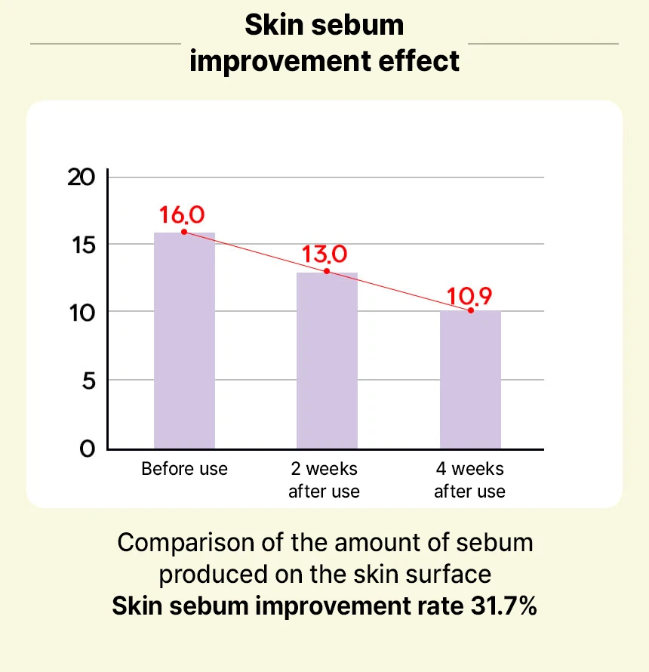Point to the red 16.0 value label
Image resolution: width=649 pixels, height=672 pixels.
click(181, 214)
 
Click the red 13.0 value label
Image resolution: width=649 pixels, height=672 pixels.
click(324, 254)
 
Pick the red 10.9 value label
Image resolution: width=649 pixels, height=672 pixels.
click(469, 294)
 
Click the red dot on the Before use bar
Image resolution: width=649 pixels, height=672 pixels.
click(184, 232)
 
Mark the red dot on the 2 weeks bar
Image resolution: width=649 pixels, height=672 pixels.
click(327, 271)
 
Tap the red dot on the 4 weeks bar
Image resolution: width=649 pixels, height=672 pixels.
click(470, 310)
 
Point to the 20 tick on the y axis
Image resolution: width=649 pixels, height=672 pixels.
click(82, 178)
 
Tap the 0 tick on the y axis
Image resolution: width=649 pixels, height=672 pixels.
click(88, 449)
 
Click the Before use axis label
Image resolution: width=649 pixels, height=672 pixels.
click(184, 469)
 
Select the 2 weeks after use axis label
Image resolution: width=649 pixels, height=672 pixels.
click(324, 480)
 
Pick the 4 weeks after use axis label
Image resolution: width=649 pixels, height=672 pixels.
click(469, 480)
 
